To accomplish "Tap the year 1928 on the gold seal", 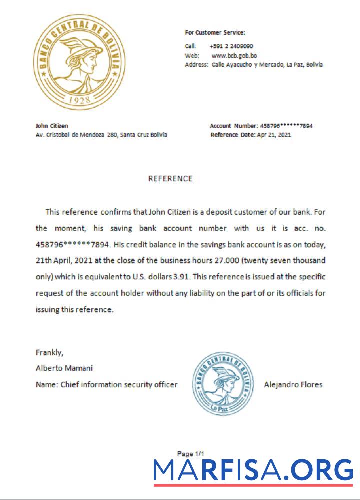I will [x=80, y=99].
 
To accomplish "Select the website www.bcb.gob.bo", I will [x=234, y=55].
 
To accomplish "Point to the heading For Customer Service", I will [x=215, y=33].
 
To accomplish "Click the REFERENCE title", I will [x=170, y=178].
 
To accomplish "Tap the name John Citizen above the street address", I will [x=52, y=126].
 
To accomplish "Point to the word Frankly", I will [x=49, y=352].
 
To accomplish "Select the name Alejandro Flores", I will [x=293, y=384].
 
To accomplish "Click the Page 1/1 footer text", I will [x=191, y=454].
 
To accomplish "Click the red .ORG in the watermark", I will [x=323, y=470].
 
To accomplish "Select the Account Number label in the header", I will [x=233, y=126].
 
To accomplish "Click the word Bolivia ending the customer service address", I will [x=314, y=65].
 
